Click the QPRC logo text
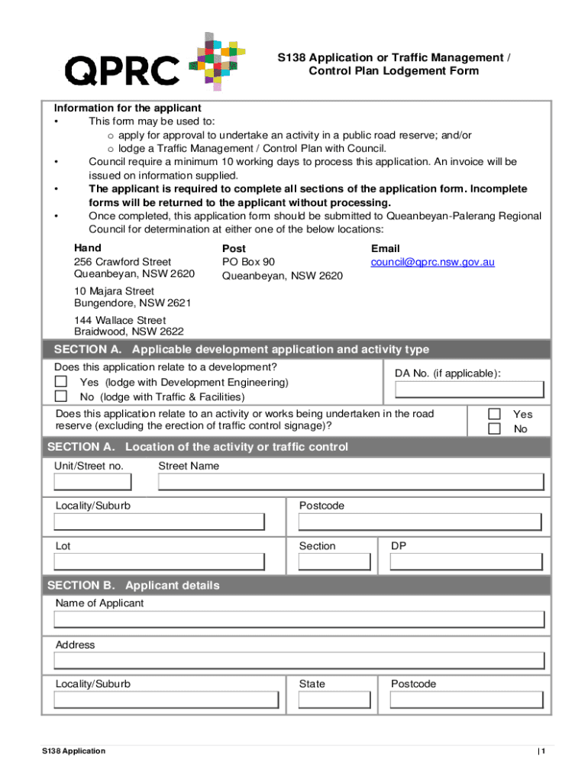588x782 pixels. coord(122,71)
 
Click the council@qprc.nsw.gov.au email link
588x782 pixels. coord(432,262)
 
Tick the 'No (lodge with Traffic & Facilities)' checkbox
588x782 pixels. coord(61,396)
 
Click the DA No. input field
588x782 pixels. coord(469,389)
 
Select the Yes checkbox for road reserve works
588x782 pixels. coord(494,414)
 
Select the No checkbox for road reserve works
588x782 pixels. coord(494,428)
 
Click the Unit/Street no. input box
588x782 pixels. coord(92,482)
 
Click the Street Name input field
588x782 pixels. coord(351,482)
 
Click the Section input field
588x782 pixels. coord(337,562)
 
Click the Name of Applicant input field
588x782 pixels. coord(299,621)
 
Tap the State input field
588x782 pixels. coord(337,700)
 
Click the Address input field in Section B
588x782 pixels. coord(299,661)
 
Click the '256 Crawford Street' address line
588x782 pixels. coord(122,262)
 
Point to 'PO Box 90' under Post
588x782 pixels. coord(248,262)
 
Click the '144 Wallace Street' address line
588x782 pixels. coord(120,320)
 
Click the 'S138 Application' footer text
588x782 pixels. coord(74,751)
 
